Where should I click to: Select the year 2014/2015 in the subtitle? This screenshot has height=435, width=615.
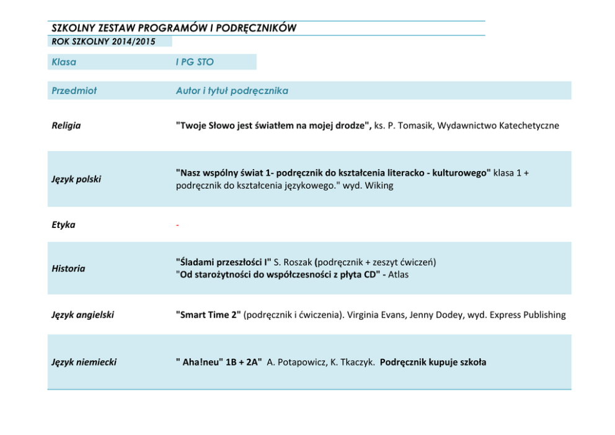click(134, 42)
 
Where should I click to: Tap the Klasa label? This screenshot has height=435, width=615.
click(64, 62)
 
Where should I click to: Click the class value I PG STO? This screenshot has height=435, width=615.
click(195, 62)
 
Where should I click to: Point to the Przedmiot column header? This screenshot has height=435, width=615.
click(74, 90)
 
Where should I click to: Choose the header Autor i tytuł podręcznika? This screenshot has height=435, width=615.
click(232, 90)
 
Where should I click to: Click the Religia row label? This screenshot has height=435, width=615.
click(66, 126)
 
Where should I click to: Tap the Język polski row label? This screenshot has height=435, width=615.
click(76, 179)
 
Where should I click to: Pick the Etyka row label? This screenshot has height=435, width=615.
click(63, 225)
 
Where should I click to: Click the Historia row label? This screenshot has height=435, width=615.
click(68, 268)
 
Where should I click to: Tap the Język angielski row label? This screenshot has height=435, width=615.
click(82, 315)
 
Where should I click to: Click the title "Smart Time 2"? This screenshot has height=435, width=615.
click(208, 315)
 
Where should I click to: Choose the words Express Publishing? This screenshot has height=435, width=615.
click(528, 315)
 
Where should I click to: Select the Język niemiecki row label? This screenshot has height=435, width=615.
click(84, 362)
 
